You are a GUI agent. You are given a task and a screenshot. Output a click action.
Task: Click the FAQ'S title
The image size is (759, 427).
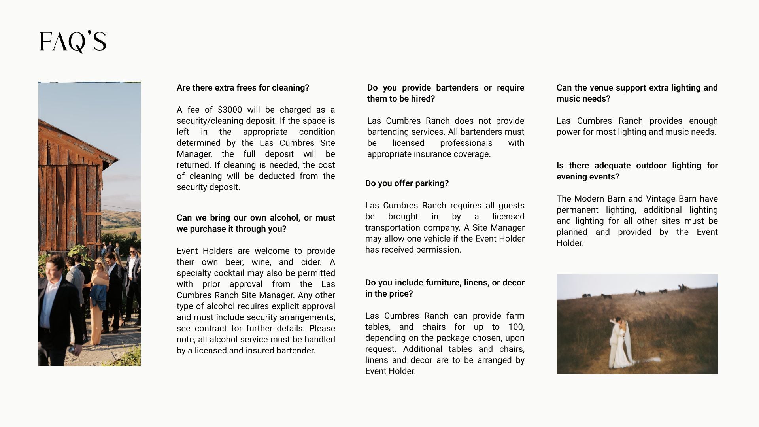click(73, 42)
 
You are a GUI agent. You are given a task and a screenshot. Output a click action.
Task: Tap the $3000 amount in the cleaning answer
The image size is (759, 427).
click(230, 110)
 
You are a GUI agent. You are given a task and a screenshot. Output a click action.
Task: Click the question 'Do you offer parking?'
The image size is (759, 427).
click(407, 183)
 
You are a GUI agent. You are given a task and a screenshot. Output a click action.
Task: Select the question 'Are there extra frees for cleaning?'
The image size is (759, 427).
click(243, 88)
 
